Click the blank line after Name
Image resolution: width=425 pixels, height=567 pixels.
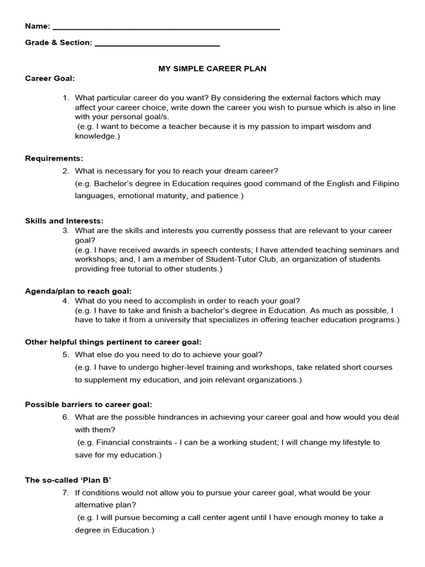(166, 27)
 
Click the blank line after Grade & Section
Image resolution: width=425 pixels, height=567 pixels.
(157, 44)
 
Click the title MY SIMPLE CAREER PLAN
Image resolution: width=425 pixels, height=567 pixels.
(212, 69)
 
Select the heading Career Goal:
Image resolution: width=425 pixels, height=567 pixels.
(50, 79)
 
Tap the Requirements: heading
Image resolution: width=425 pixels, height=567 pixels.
(54, 158)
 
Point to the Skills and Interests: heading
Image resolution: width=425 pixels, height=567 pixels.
(64, 220)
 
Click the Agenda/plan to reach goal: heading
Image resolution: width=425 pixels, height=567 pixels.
(79, 291)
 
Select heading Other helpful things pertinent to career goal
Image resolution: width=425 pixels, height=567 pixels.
(113, 342)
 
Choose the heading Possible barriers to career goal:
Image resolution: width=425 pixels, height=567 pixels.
(89, 404)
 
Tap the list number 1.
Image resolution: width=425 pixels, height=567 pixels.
(65, 97)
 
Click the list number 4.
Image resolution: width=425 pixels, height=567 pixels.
(65, 301)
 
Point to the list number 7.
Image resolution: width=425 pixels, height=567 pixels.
(65, 492)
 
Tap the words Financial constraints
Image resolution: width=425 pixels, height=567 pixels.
(131, 442)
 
